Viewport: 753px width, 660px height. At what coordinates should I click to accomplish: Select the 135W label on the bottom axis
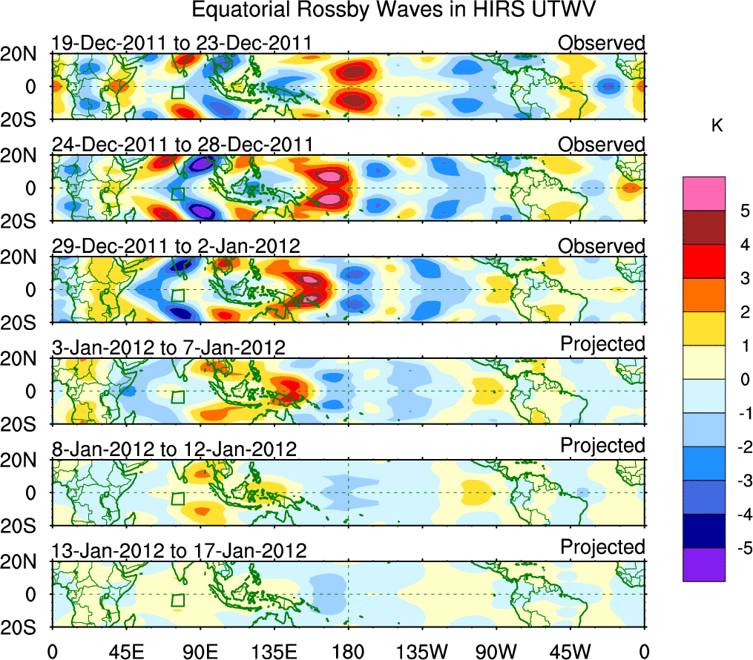422,651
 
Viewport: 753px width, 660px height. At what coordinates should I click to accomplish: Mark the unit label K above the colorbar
717,126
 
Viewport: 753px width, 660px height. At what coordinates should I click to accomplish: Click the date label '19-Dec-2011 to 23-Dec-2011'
181,43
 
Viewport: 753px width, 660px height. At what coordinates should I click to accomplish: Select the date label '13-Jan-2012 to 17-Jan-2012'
179,551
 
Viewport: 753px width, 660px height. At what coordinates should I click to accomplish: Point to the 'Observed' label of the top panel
602,43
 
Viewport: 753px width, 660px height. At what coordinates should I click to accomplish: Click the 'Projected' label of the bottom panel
602,547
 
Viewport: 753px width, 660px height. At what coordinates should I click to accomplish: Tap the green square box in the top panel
177,93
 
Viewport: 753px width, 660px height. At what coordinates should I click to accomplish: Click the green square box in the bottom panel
177,601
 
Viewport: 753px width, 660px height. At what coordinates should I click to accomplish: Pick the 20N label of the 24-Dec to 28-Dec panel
22,156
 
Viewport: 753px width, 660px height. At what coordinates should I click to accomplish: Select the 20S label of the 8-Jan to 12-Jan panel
22,526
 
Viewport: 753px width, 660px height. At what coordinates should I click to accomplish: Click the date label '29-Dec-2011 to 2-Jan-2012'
176,246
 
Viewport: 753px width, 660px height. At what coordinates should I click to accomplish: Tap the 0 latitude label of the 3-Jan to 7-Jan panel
32,391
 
